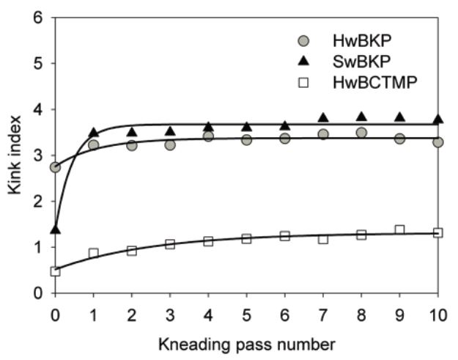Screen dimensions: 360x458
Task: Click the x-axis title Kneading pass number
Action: pos(246,343)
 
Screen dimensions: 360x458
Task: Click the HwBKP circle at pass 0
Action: pos(55,168)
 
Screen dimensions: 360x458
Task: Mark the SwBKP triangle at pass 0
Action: pos(55,229)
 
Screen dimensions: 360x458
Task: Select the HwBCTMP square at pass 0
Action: pos(55,271)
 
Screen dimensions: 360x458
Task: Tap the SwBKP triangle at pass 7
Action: pos(323,117)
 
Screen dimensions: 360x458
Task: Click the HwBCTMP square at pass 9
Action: pos(399,230)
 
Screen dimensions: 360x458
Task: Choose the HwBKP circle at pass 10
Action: pos(437,142)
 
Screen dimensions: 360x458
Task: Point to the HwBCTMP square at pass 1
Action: pos(93,253)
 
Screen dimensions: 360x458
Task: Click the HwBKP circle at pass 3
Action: pos(170,145)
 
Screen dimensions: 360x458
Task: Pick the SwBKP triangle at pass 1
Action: pos(93,133)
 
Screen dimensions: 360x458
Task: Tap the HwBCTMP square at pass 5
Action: pos(246,238)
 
